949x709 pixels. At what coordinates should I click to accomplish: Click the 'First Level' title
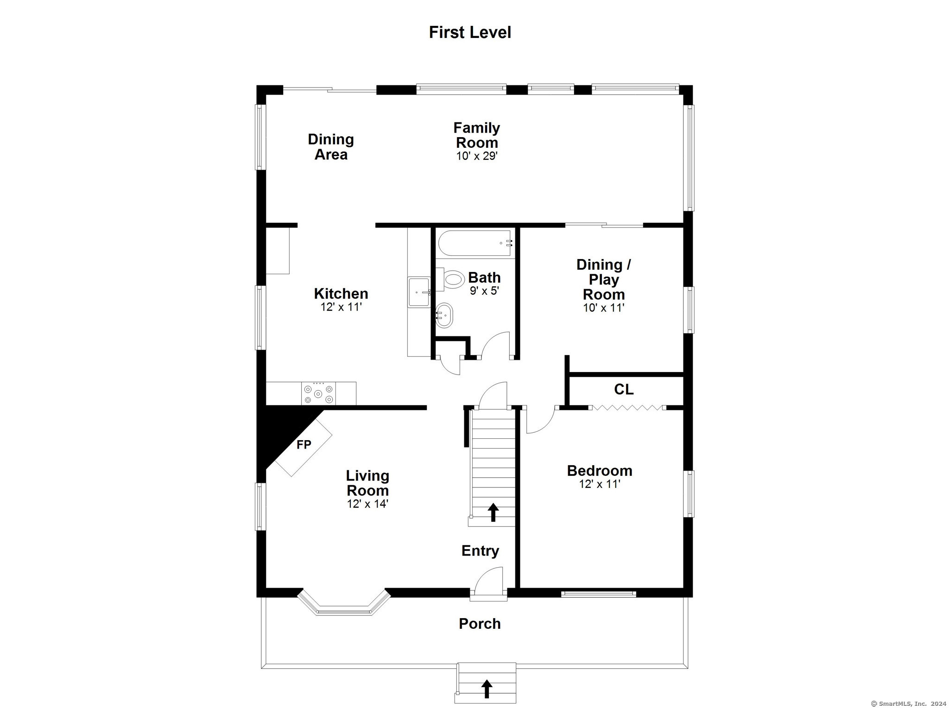click(470, 32)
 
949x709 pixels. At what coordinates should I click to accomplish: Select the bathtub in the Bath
click(474, 243)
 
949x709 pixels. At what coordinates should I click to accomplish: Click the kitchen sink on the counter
click(419, 292)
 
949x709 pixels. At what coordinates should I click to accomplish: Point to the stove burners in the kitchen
click(318, 393)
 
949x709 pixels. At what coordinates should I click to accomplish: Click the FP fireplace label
click(304, 445)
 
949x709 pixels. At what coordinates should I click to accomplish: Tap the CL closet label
click(624, 390)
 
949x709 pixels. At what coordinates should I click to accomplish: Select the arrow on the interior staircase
click(493, 512)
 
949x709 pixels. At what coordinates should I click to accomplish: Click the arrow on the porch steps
click(487, 689)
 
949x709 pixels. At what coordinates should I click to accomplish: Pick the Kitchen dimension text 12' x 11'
click(341, 307)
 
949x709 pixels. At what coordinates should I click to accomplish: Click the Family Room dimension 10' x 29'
click(477, 156)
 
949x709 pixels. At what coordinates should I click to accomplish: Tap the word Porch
click(480, 624)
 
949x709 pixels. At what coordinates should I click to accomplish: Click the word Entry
click(480, 551)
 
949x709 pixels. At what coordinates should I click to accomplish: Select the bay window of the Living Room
click(343, 602)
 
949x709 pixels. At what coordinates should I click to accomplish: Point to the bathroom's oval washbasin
click(444, 315)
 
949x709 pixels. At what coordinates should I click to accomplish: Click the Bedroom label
click(600, 470)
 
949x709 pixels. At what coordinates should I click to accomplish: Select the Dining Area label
click(331, 146)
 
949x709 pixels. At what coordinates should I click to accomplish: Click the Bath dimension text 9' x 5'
click(484, 291)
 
